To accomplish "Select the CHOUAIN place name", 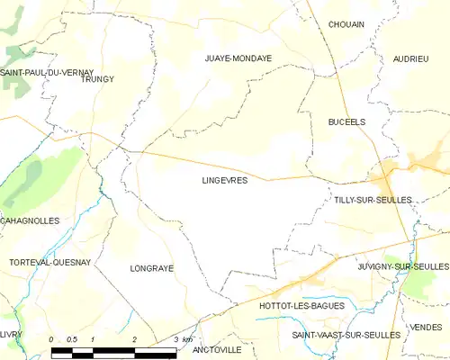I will click(x=346, y=24).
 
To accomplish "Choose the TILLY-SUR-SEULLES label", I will click(x=372, y=199).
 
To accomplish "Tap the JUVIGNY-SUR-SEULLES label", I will click(x=402, y=267).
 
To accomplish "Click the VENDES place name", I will click(x=425, y=327).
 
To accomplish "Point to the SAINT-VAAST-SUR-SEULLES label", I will click(x=346, y=335).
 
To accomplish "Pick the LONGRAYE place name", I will click(x=151, y=268).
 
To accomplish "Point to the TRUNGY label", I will click(x=97, y=79).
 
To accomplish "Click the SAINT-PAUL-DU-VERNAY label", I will click(x=47, y=71).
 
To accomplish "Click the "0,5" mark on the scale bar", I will click(x=72, y=339).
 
